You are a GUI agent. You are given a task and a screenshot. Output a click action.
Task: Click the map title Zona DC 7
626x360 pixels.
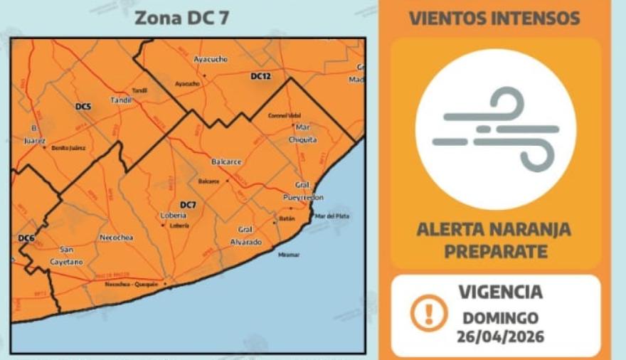(x=182, y=18)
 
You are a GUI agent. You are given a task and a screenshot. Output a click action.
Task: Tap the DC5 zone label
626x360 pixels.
(x=83, y=107)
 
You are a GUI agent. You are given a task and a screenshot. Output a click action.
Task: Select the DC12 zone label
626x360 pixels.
(x=261, y=75)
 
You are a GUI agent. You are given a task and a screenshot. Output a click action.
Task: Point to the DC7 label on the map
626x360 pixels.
(x=188, y=205)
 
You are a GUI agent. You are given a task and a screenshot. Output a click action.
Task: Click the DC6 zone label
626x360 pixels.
(x=26, y=238)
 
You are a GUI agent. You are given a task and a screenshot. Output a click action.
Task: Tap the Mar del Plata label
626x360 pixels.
(x=332, y=216)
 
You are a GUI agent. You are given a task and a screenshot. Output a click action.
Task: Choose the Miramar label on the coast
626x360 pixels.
(x=290, y=255)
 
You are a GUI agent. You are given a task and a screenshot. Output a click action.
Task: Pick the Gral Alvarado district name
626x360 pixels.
(x=245, y=235)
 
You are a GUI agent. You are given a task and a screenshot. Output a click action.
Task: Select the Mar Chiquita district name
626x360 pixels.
(x=303, y=133)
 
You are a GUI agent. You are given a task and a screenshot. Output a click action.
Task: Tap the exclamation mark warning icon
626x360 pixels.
(x=429, y=313)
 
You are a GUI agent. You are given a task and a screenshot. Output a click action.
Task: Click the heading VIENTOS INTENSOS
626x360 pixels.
(x=495, y=18)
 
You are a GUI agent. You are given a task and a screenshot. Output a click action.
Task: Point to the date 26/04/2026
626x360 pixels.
(x=500, y=336)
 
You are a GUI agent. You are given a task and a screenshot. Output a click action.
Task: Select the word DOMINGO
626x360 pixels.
(x=500, y=317)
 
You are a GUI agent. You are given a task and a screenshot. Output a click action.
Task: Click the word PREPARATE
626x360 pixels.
(x=494, y=251)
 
